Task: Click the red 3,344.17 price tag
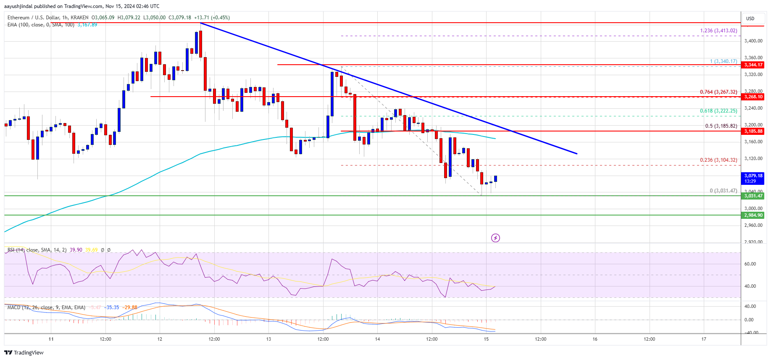coord(753,65)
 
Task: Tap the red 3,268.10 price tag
coord(753,97)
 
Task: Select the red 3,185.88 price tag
coord(753,131)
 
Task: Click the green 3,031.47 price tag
coord(753,196)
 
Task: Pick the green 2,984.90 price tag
coord(753,215)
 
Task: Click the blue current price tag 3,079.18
coord(753,178)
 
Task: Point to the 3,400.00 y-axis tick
coord(753,41)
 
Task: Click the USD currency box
coord(750,18)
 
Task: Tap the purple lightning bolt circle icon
coord(495,238)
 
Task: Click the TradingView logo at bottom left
coord(24,352)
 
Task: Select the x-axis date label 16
coord(595,339)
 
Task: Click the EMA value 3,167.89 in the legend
coord(87,25)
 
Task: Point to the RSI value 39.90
coord(76,250)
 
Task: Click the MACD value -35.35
coord(112,307)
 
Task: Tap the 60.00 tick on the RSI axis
coord(750,264)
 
